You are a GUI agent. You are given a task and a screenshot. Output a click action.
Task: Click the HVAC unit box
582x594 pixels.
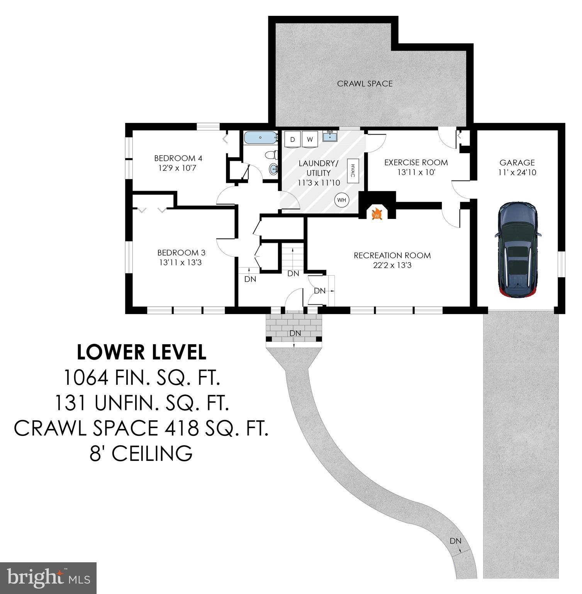(x=353, y=170)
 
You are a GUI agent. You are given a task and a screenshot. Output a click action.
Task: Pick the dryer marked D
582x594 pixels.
(x=292, y=140)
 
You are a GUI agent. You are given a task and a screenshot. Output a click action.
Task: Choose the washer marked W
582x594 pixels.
(x=309, y=140)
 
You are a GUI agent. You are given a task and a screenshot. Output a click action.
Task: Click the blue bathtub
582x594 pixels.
(x=261, y=137)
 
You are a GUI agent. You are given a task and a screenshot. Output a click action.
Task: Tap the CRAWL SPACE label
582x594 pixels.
(x=365, y=84)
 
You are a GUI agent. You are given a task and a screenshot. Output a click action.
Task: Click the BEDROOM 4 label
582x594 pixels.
(x=178, y=158)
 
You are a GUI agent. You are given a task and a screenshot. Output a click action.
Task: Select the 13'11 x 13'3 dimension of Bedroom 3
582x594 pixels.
(x=181, y=263)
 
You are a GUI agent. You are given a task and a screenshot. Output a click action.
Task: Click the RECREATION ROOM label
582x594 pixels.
(x=392, y=256)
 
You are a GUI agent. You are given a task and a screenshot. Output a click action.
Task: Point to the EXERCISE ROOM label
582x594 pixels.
(x=416, y=163)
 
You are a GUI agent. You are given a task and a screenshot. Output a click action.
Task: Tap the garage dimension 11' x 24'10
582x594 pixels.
(x=517, y=172)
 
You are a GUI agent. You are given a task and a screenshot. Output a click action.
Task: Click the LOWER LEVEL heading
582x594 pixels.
(x=141, y=352)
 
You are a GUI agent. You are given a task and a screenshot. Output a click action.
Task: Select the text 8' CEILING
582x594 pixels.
(x=141, y=453)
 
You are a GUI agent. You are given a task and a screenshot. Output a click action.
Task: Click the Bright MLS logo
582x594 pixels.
(x=48, y=578)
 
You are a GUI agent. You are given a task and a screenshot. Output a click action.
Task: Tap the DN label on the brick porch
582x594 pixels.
(x=295, y=333)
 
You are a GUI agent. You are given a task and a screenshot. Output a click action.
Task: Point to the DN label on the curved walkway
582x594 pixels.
(x=455, y=541)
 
